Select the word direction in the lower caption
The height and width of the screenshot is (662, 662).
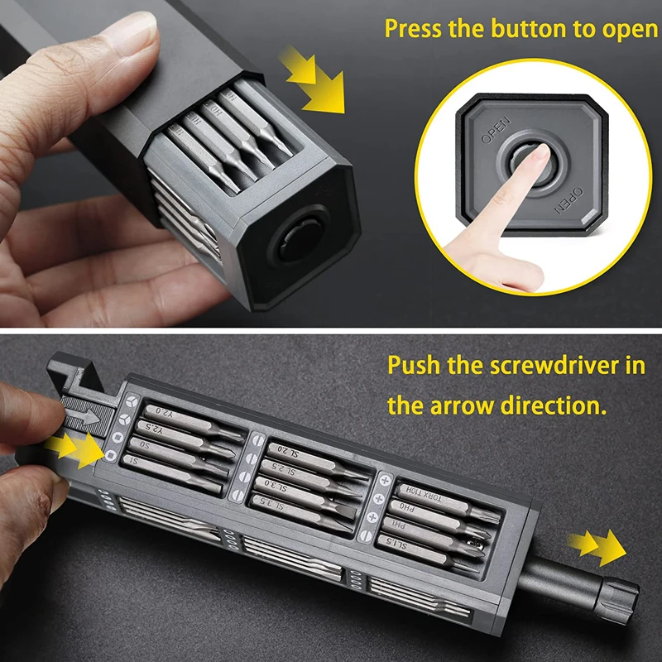point(551,405)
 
